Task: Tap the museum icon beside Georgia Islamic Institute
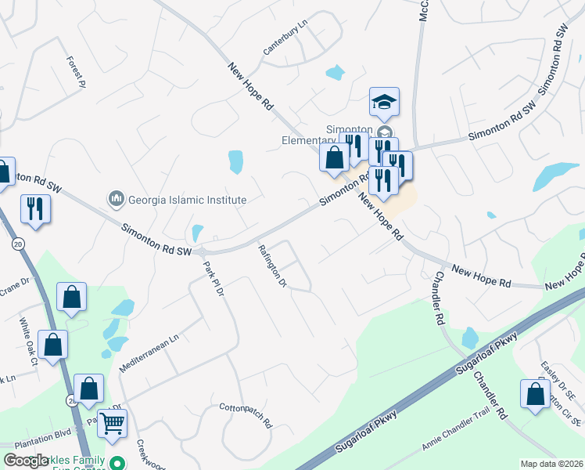click(x=117, y=199)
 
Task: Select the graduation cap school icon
click(x=384, y=102)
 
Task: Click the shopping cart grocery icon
click(x=113, y=424)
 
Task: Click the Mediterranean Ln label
click(x=149, y=353)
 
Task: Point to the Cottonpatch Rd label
click(x=246, y=415)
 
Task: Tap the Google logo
click(x=27, y=461)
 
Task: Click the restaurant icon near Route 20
click(x=34, y=208)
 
